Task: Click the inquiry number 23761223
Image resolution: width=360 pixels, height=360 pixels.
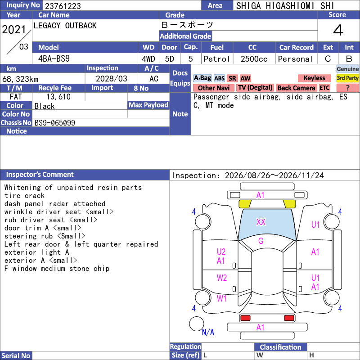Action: (x=63, y=6)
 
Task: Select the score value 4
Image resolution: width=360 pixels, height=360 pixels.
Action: (x=338, y=30)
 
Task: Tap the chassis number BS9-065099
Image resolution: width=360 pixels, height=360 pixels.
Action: (x=55, y=122)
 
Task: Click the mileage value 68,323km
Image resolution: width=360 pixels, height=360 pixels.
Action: (x=20, y=79)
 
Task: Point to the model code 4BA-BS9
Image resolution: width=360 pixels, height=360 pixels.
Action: (x=54, y=59)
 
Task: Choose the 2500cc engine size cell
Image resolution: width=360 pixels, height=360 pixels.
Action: (x=254, y=59)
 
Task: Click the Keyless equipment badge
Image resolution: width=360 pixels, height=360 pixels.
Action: (x=314, y=78)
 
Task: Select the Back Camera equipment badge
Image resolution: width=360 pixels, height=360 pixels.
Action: (x=296, y=88)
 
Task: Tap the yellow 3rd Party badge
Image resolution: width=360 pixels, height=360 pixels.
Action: (x=347, y=78)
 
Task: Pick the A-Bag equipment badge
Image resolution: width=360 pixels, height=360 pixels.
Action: (x=202, y=78)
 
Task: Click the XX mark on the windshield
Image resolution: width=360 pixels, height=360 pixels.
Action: (x=261, y=222)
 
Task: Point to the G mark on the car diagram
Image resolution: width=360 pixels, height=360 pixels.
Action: (x=261, y=241)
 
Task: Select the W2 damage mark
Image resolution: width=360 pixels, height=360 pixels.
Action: (x=222, y=278)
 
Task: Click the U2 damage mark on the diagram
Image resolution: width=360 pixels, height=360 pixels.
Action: (x=221, y=252)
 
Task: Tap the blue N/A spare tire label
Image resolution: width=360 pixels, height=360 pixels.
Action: (x=208, y=332)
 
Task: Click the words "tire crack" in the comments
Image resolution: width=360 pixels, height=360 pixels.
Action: (x=24, y=196)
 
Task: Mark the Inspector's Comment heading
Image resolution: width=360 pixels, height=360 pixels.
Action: (x=40, y=175)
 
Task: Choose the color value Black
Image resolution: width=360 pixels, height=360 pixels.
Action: (x=45, y=106)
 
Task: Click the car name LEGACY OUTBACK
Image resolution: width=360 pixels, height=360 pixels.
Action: (x=65, y=26)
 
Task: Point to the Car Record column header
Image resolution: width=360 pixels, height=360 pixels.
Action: (x=297, y=48)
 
